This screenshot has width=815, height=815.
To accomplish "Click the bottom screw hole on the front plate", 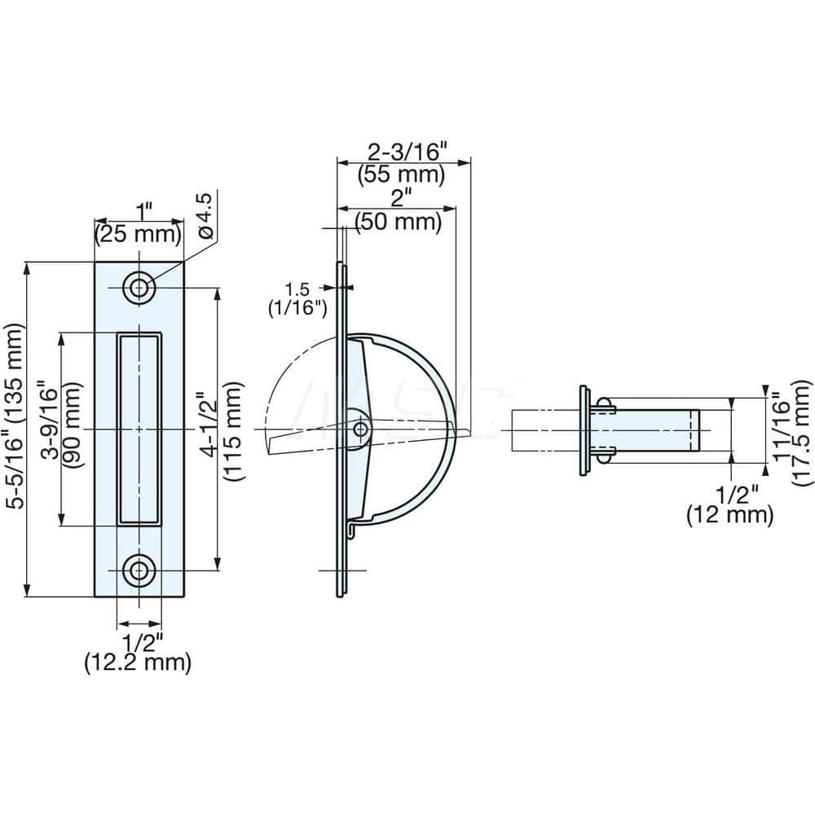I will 139,570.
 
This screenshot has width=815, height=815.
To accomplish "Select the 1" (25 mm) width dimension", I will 137,223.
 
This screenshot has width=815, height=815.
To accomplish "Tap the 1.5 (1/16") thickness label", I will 298,298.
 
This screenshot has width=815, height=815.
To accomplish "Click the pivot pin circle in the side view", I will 360,429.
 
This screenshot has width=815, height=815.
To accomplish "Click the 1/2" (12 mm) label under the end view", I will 729,504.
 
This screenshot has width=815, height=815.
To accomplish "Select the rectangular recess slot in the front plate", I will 139,429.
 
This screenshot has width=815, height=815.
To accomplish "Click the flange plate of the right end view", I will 584,430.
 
